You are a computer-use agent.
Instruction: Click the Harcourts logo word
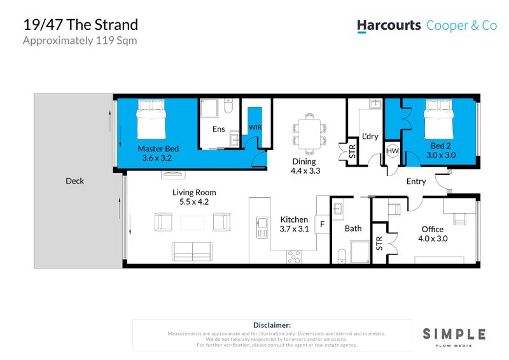(389, 25)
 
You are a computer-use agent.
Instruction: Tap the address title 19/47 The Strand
(80, 25)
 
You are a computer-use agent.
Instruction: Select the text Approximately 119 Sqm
(80, 41)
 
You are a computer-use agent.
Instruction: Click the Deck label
(74, 181)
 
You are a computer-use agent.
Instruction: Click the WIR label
(254, 127)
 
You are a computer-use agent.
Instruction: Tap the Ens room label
(219, 129)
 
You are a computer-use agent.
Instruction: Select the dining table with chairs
(309, 133)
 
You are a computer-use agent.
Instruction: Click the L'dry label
(370, 137)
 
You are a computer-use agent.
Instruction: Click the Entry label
(416, 182)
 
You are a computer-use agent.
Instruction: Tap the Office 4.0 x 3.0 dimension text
(433, 239)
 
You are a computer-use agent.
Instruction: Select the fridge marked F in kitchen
(323, 225)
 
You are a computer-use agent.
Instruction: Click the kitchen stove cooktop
(294, 256)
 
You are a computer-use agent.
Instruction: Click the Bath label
(353, 228)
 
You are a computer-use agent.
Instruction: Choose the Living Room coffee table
(192, 223)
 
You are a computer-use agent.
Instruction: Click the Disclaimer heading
(272, 325)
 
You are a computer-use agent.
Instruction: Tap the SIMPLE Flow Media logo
(454, 336)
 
